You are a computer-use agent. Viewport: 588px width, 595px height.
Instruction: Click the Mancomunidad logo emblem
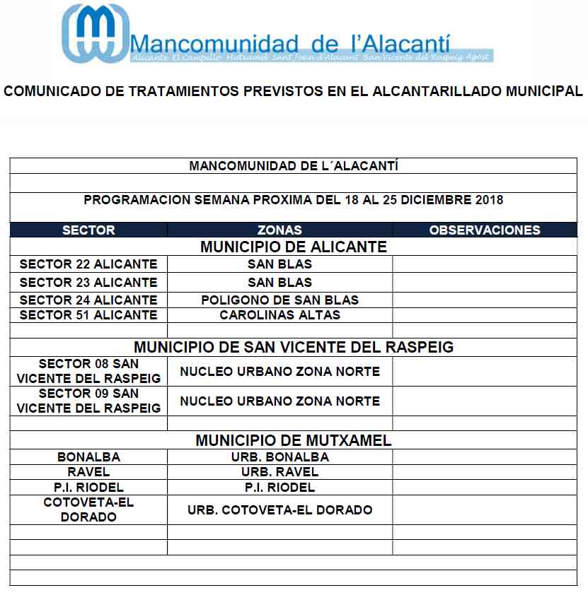click(96, 33)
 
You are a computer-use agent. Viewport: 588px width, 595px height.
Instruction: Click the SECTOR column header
click(88, 230)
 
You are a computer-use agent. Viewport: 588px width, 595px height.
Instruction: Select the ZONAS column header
click(279, 230)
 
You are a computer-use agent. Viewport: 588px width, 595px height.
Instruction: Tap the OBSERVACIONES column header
click(485, 230)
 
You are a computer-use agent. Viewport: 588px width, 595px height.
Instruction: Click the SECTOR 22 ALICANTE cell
click(88, 264)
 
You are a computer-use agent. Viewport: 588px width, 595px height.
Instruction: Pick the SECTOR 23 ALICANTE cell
click(88, 283)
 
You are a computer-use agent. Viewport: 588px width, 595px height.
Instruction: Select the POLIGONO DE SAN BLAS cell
click(279, 300)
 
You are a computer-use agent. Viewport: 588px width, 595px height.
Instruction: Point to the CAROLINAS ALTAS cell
click(279, 315)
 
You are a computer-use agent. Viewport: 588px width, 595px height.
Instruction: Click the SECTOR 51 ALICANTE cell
click(88, 315)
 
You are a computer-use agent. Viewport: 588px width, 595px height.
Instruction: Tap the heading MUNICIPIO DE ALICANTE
click(294, 247)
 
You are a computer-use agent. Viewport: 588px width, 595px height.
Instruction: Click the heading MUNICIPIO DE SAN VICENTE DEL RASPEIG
click(294, 348)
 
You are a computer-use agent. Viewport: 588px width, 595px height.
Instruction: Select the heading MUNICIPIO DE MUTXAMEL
click(294, 441)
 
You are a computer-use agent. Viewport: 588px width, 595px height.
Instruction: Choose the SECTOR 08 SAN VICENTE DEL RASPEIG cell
click(88, 371)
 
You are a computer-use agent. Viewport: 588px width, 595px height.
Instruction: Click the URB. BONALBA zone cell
click(279, 457)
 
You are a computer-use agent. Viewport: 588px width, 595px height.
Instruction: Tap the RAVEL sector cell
click(88, 472)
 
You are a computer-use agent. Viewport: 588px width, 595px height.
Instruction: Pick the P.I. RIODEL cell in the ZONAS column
click(279, 488)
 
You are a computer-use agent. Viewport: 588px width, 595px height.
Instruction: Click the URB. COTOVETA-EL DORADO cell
click(279, 510)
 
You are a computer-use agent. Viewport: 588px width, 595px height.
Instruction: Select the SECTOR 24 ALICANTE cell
click(88, 300)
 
